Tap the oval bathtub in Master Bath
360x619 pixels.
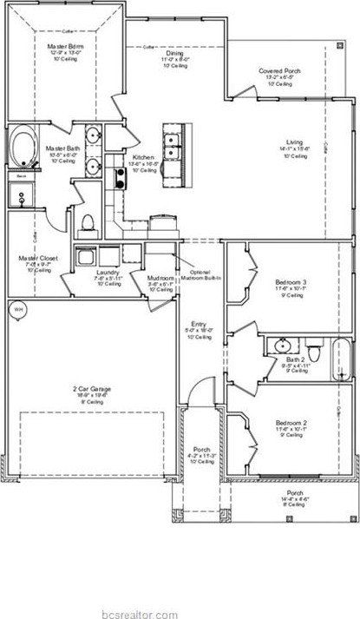(23, 148)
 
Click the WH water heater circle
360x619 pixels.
(18, 309)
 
